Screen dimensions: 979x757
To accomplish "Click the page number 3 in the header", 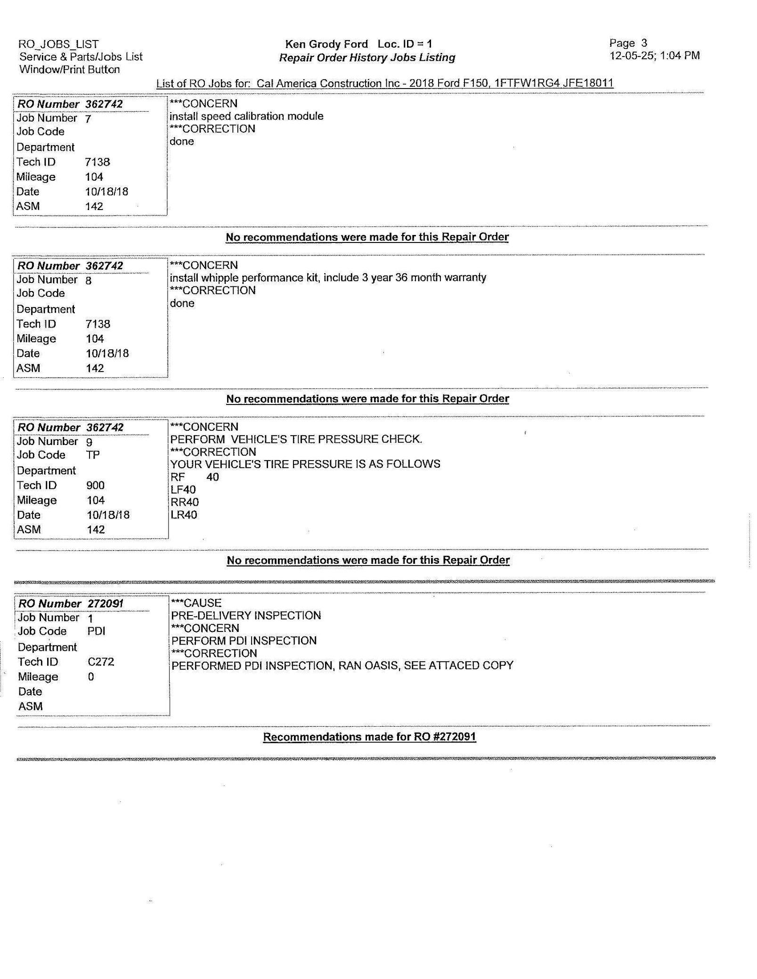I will [x=644, y=43].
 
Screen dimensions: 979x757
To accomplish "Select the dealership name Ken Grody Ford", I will [x=326, y=44].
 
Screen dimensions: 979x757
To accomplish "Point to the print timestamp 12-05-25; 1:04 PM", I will [x=655, y=56].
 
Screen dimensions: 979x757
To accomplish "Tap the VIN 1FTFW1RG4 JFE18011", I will [x=554, y=83].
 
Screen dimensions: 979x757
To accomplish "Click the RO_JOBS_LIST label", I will [x=58, y=44].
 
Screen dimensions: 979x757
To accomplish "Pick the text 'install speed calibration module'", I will [x=246, y=116].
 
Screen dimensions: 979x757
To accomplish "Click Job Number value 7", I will [x=88, y=118].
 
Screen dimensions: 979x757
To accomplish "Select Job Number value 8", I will [x=89, y=280].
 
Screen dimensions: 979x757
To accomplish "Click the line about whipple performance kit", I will [x=328, y=277].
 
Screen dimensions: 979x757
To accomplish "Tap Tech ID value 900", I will [x=96, y=485].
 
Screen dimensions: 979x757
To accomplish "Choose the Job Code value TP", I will [x=93, y=455].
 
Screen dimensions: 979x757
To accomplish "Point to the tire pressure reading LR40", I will [x=184, y=515].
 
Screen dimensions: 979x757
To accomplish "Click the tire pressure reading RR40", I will [x=184, y=502].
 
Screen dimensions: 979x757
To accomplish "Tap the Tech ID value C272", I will [x=101, y=662].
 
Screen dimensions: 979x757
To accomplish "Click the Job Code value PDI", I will [x=97, y=631].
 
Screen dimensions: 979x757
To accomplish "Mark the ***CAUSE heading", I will [x=196, y=603].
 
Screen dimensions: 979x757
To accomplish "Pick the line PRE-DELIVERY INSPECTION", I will [x=246, y=615].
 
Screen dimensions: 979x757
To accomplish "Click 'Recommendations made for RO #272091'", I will [x=369, y=737].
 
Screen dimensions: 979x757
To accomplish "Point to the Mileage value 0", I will [x=91, y=677].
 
